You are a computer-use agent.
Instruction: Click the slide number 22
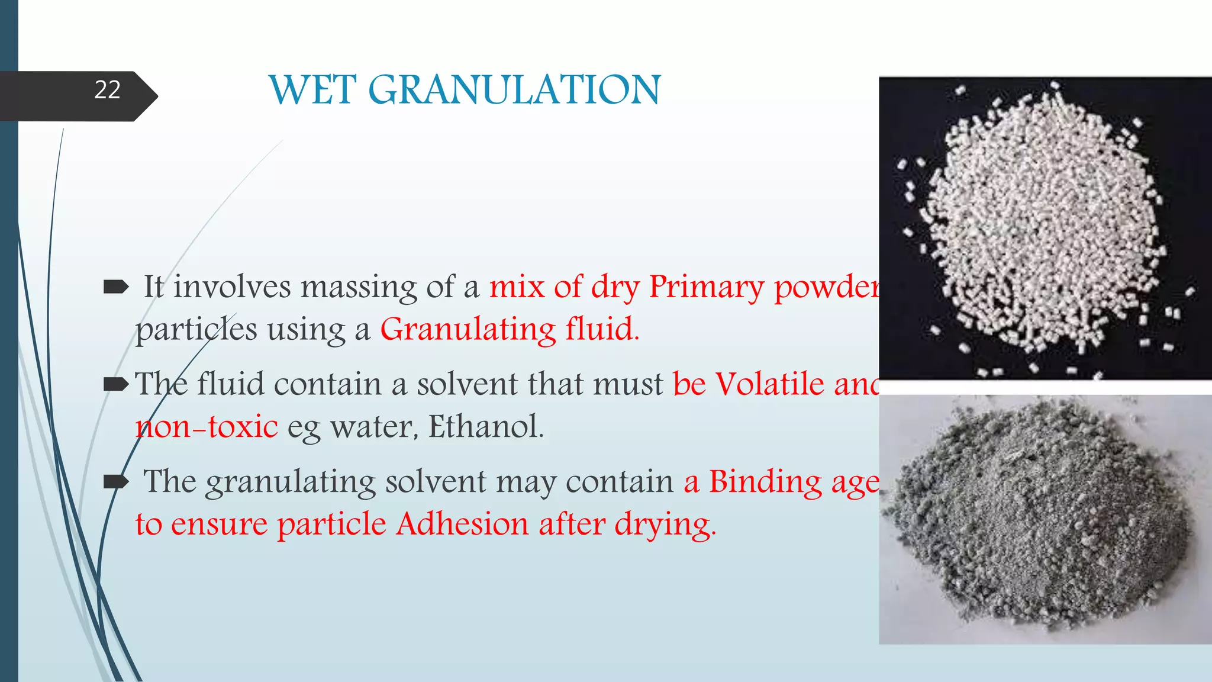107,90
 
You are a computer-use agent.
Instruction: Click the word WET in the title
312,91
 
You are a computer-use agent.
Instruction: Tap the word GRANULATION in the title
514,91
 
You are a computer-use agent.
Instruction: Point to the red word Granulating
468,330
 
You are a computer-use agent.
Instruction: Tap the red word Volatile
769,384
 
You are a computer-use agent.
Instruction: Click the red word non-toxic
207,427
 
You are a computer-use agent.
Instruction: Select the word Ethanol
485,426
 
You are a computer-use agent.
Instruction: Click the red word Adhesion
462,524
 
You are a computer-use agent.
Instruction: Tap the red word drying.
665,525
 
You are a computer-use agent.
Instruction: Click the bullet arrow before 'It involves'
116,288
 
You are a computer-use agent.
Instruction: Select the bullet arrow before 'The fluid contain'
116,385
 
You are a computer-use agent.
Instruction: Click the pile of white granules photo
1045,228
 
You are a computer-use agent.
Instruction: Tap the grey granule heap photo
1045,519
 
